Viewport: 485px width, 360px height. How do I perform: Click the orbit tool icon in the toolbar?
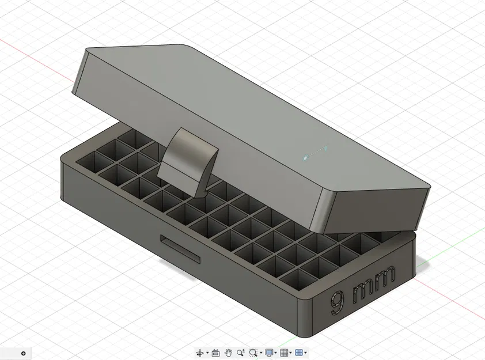(200, 353)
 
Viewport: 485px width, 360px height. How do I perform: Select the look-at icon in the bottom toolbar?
(216, 353)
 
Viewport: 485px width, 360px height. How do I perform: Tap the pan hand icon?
(228, 353)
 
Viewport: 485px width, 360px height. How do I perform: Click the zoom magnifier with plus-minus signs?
(240, 353)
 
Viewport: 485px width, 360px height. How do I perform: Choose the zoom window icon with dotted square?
(253, 353)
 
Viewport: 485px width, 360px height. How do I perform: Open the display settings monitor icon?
(269, 353)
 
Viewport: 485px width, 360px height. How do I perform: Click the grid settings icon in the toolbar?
(283, 353)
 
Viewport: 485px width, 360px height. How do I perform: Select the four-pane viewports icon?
(298, 353)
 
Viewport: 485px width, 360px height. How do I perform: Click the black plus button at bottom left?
(24, 353)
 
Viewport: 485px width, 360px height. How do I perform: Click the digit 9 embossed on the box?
(338, 302)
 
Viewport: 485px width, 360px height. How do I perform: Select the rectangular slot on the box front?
(180, 248)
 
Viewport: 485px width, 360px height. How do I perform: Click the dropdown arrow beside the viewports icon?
(305, 353)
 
